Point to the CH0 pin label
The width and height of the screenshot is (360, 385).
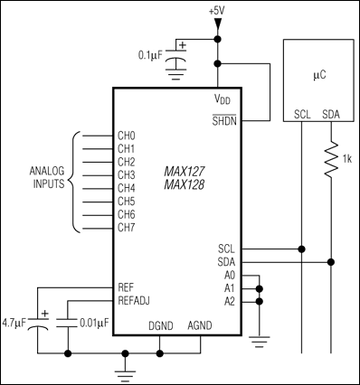point(127,136)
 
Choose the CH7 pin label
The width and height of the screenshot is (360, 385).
point(127,227)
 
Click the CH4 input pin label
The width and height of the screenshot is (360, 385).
point(127,188)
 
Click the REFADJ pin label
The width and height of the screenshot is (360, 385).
point(136,299)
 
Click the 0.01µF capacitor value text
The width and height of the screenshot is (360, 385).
point(93,321)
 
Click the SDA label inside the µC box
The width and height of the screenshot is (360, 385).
point(331,115)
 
